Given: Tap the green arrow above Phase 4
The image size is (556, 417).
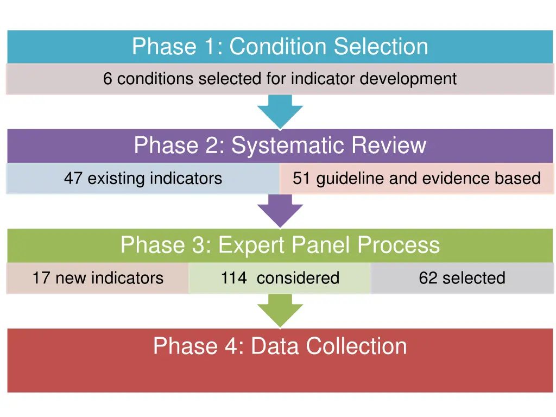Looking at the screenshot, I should click(x=280, y=311).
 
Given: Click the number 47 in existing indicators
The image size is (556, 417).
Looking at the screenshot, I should click(x=73, y=178).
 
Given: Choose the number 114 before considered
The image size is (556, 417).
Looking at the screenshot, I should click(x=233, y=278).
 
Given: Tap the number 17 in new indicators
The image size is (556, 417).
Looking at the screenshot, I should click(x=41, y=278).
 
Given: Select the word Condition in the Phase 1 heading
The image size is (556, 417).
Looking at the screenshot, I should click(x=279, y=47).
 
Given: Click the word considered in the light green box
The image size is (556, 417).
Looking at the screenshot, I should click(x=298, y=278).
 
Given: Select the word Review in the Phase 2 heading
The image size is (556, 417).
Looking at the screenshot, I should click(x=389, y=146).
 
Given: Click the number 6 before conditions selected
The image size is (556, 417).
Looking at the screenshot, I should click(x=108, y=79).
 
